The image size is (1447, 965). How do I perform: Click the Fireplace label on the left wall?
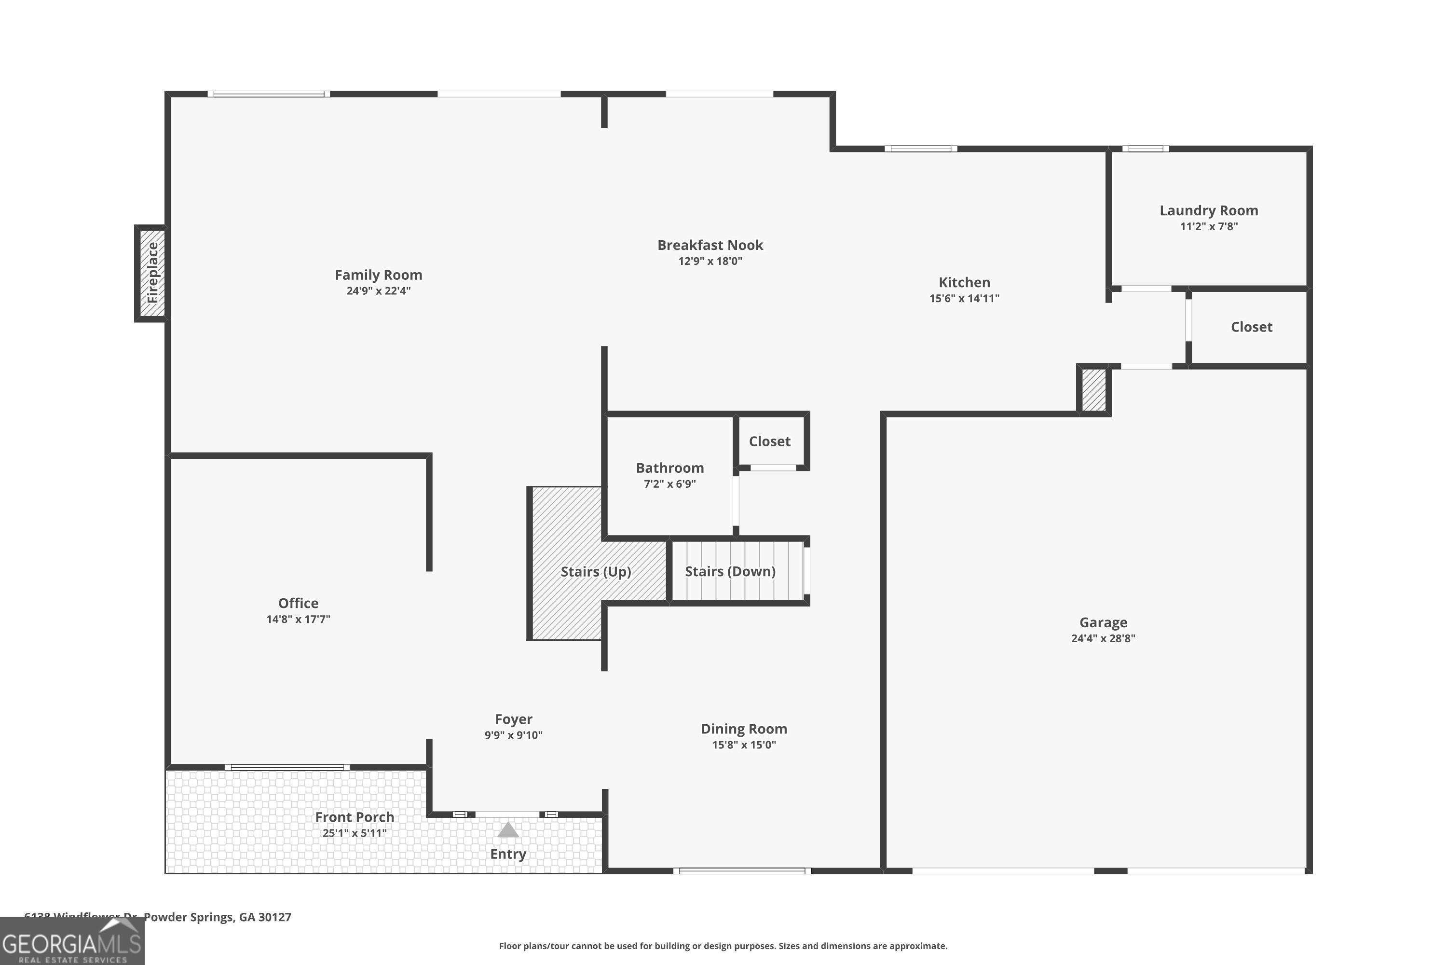(x=152, y=273)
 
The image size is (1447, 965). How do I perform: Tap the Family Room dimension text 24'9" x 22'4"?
(x=378, y=291)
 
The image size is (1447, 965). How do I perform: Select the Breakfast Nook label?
(x=710, y=245)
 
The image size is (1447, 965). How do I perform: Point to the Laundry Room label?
(x=1208, y=210)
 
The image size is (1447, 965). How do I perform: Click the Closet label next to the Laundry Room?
(x=1251, y=327)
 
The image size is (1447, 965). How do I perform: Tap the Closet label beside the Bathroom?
(x=769, y=441)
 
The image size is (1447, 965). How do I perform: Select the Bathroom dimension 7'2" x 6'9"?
(x=669, y=484)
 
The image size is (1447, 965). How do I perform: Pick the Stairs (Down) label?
(x=730, y=571)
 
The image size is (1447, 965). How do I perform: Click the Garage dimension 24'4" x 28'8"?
(x=1103, y=638)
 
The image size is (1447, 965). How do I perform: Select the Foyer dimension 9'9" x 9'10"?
(x=513, y=735)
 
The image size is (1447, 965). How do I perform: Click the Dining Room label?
(x=744, y=729)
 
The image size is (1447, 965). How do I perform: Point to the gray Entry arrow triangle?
(x=507, y=831)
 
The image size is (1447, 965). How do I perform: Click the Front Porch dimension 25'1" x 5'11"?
(x=355, y=833)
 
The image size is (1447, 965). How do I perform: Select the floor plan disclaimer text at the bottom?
(x=723, y=946)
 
